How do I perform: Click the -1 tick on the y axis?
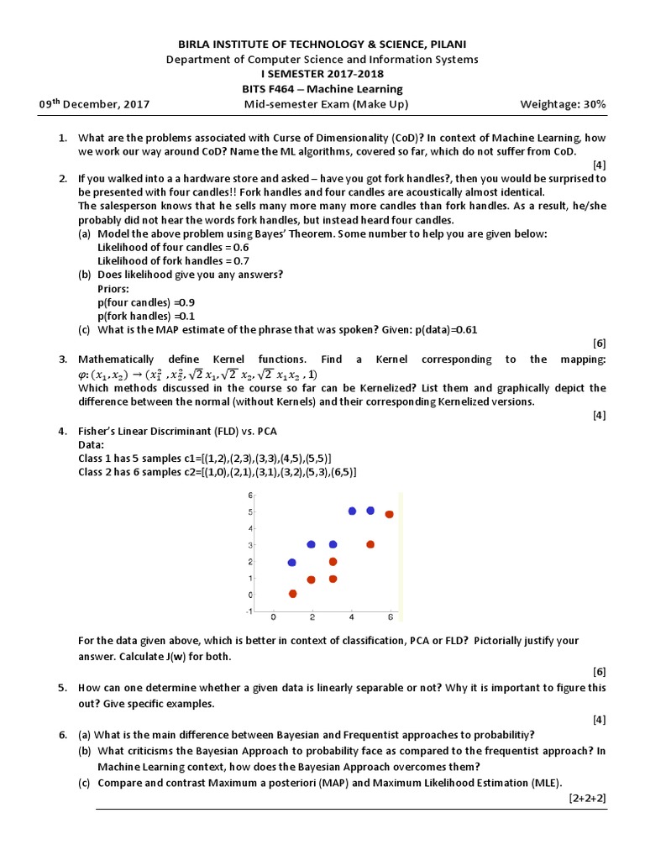(x=249, y=611)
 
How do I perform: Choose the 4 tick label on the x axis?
(x=352, y=617)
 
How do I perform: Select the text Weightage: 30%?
(x=564, y=104)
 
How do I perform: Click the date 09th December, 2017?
(x=94, y=104)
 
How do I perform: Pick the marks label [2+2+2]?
(x=586, y=796)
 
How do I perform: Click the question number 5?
(x=63, y=688)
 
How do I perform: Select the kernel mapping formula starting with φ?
(x=198, y=374)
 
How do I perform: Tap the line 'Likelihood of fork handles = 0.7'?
(x=174, y=260)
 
